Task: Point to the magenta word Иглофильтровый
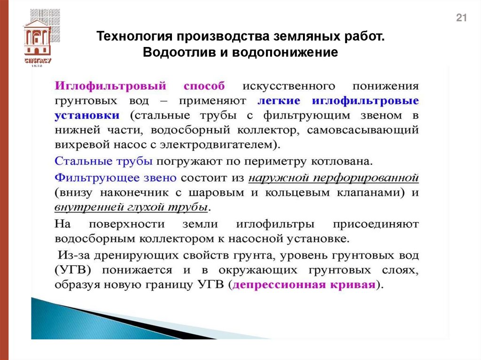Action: (111, 86)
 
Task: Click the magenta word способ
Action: (204, 86)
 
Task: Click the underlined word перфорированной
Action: (365, 178)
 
